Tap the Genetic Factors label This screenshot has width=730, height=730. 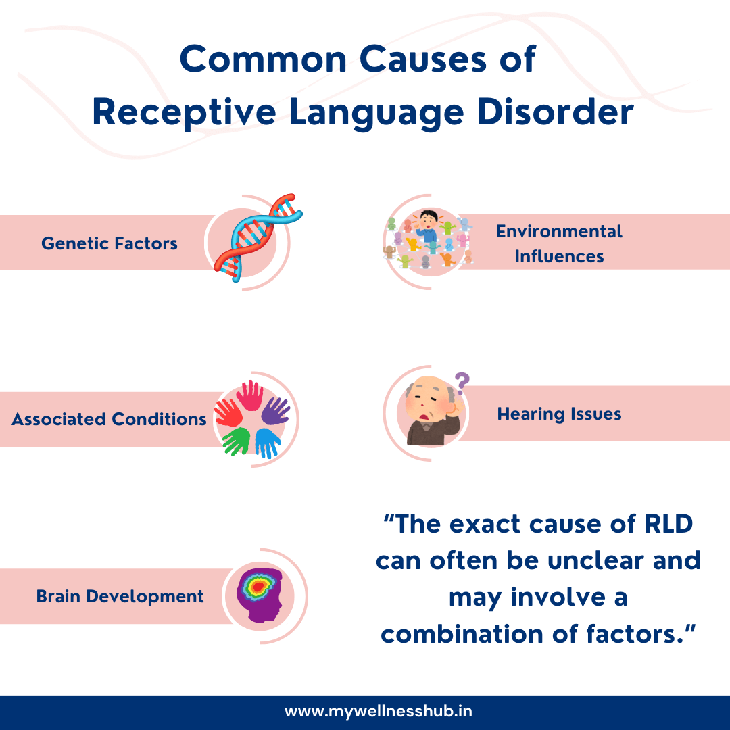[x=109, y=243]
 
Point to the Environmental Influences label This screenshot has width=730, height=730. [x=559, y=243]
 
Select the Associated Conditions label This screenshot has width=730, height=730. [x=109, y=419]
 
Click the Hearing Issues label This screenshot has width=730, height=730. [x=559, y=414]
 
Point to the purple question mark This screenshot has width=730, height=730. [x=462, y=384]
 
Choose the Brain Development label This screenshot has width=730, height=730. [x=120, y=597]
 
